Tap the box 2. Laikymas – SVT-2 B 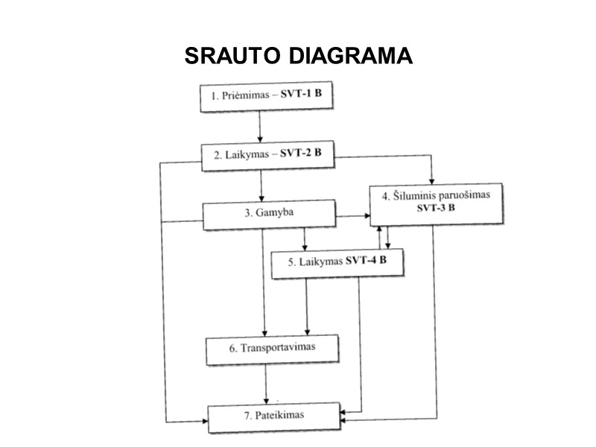pyautogui.click(x=267, y=156)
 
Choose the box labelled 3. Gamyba pyautogui.click(x=269, y=215)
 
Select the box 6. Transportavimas pyautogui.click(x=273, y=349)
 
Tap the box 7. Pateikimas pyautogui.click(x=273, y=413)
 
